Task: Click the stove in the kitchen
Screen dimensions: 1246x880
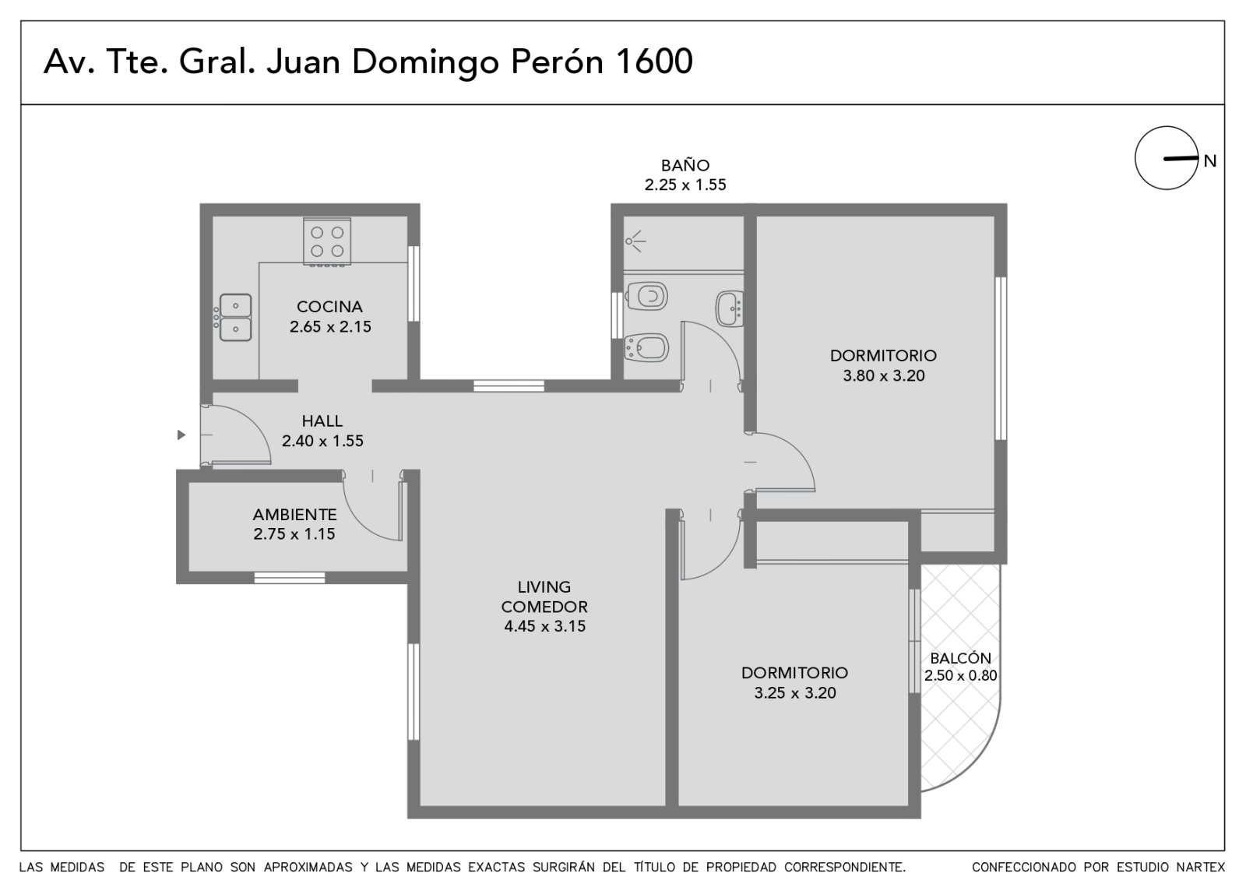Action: click(327, 241)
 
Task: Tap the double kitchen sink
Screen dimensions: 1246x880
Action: click(234, 317)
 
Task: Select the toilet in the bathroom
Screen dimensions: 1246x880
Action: click(647, 296)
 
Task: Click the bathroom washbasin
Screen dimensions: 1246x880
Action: click(730, 308)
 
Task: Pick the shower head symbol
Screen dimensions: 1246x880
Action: click(635, 241)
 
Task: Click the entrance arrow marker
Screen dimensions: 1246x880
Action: click(181, 435)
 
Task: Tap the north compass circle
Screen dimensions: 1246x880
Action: click(1167, 158)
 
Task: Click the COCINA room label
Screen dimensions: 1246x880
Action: click(330, 307)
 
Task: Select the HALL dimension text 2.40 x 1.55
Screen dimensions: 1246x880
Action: click(322, 441)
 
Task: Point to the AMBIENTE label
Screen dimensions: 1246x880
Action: click(295, 515)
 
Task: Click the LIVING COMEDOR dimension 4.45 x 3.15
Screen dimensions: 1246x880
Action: click(545, 626)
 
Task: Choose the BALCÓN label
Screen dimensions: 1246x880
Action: click(961, 658)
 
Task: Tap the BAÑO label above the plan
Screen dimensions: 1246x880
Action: click(685, 165)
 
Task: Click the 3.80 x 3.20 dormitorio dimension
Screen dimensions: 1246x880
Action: click(884, 376)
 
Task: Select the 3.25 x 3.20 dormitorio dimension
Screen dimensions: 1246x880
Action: click(795, 693)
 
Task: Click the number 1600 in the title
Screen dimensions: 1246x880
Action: click(654, 62)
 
